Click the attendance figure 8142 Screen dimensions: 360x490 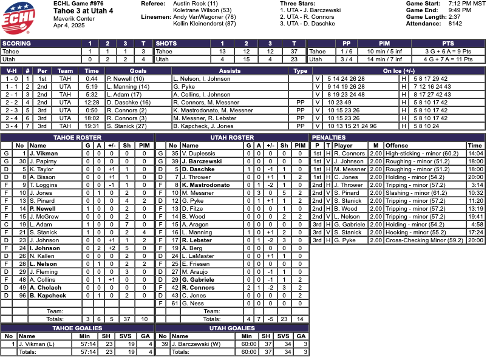pyautogui.click(x=457, y=24)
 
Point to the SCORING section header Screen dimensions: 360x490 pyautogui.click(x=19, y=44)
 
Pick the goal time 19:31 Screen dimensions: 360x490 pyautogui.click(x=92, y=126)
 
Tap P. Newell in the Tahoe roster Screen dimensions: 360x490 pyautogui.click(x=44, y=208)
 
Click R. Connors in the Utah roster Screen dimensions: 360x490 pyautogui.click(x=198, y=288)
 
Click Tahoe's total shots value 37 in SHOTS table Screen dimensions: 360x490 pyautogui.click(x=294, y=52)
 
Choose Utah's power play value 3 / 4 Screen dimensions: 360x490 pyautogui.click(x=347, y=59)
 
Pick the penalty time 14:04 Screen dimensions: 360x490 pyautogui.click(x=475, y=154)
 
